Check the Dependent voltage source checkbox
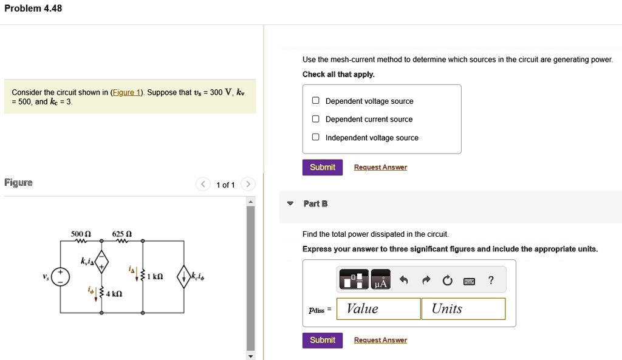tap(316, 101)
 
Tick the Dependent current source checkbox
tap(316, 120)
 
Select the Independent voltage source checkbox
tap(316, 138)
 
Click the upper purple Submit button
tap(323, 168)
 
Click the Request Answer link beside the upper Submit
tap(380, 168)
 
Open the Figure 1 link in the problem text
tap(127, 93)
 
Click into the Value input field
tap(379, 309)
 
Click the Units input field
tap(463, 309)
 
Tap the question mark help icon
tap(491, 280)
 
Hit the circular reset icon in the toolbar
tap(448, 280)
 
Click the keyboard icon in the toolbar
tap(469, 281)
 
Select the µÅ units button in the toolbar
tap(381, 280)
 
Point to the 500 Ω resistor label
tap(81, 234)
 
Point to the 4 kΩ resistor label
tap(114, 294)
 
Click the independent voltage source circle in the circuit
tap(60, 277)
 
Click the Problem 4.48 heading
tap(33, 8)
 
